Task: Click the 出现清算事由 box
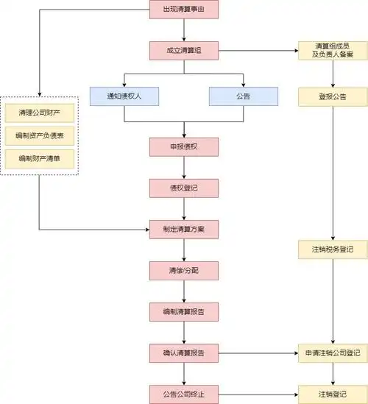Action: click(184, 10)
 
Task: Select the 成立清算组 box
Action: click(184, 51)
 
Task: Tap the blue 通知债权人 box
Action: click(124, 96)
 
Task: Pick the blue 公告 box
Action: click(243, 96)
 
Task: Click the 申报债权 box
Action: click(184, 146)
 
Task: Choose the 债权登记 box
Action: click(184, 188)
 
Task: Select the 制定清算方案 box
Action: click(184, 229)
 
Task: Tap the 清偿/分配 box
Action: click(184, 270)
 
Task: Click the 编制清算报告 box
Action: click(184, 311)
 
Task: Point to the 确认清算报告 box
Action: click(184, 352)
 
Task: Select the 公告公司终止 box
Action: click(184, 394)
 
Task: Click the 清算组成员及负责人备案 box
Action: click(333, 51)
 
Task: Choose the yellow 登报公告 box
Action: click(333, 96)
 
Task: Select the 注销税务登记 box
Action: click(333, 250)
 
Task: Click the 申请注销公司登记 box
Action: click(333, 352)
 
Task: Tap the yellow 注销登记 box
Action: click(333, 394)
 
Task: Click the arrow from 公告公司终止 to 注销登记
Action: click(258, 394)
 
